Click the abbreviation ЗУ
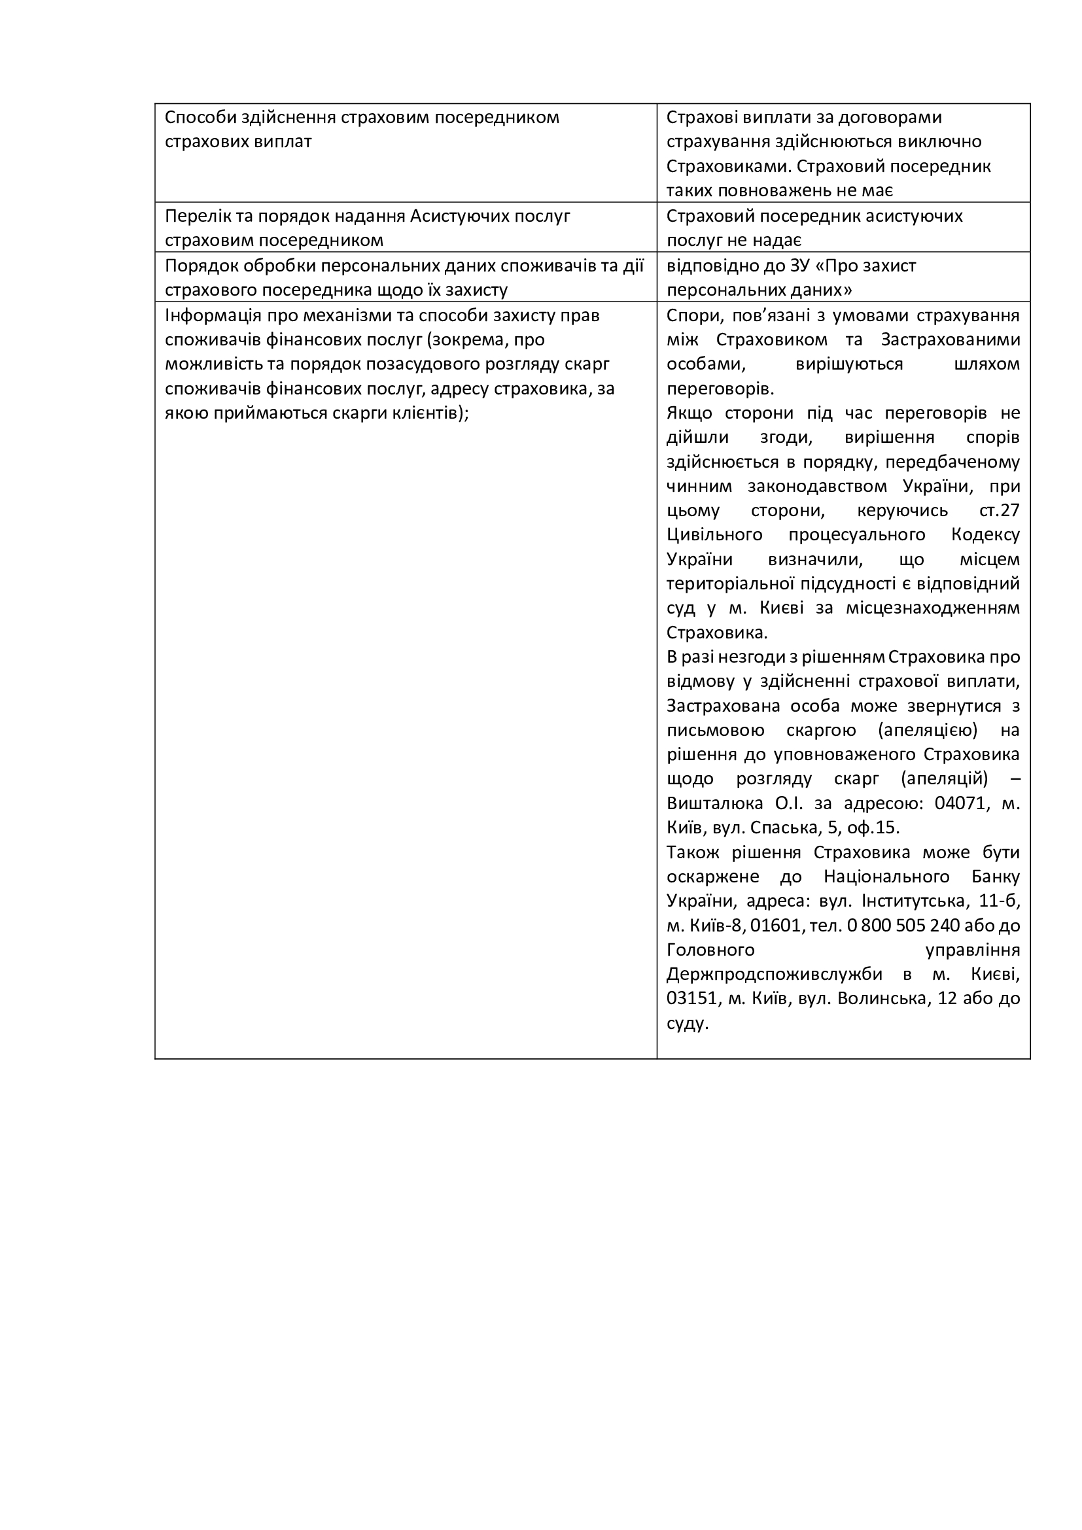point(798,266)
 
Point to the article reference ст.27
point(1000,510)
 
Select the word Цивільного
point(714,535)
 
